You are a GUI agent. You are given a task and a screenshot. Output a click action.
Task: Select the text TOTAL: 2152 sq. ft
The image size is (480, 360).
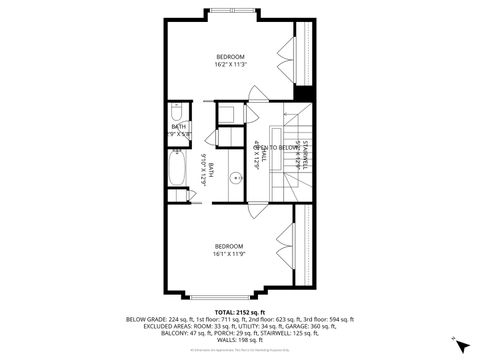(x=240, y=312)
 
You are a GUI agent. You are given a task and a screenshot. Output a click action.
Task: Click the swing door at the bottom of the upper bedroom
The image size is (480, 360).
(x=257, y=93)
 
